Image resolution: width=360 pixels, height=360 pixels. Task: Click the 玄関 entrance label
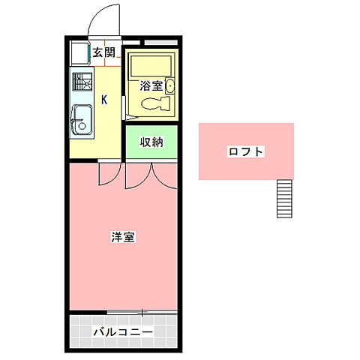point(104,52)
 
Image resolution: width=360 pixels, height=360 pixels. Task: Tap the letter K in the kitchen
point(103,99)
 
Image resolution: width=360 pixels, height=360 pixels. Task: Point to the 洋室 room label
point(123,238)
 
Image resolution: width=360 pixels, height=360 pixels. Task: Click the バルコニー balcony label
point(123,331)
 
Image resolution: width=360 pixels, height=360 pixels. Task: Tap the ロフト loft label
point(246,152)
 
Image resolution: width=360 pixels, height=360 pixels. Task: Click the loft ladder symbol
point(283,199)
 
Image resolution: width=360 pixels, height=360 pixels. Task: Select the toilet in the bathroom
point(153,104)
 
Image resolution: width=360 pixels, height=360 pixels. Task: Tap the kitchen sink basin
point(82,118)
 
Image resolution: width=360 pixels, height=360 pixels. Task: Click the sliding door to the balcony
point(142,311)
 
